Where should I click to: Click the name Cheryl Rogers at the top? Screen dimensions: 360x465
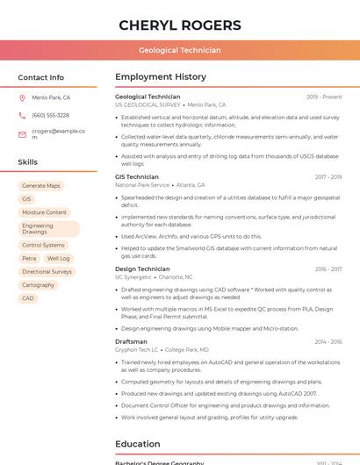pos(179,25)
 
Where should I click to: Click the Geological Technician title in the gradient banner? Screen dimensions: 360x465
pos(179,50)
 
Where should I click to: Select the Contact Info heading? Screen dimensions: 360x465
pos(40,77)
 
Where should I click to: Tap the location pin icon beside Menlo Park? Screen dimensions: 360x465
pos(22,98)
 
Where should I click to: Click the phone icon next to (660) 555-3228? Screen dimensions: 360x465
pos(22,116)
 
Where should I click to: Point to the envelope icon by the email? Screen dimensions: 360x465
pos(22,134)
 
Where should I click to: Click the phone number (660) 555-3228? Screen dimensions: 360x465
pos(50,116)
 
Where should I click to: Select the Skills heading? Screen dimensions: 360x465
pos(28,162)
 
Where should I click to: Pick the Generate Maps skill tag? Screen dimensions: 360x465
pos(41,186)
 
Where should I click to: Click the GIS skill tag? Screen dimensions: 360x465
pos(26,199)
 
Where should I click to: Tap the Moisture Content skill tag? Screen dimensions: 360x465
pos(44,212)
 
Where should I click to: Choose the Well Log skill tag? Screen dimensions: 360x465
pos(58,259)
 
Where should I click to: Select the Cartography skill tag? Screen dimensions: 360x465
pos(39,285)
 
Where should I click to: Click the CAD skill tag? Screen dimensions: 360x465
pos(28,298)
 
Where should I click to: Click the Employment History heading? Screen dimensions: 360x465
pos(161,77)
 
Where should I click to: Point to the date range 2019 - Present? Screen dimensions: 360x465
pos(324,97)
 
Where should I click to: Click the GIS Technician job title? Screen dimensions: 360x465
pos(137,177)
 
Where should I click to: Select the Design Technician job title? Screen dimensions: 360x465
pos(142,269)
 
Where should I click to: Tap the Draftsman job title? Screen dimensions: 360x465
pos(131,341)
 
